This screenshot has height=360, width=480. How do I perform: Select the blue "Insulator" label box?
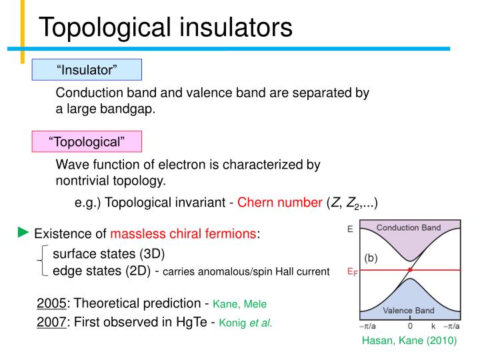[87, 69]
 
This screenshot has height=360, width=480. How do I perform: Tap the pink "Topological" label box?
[87, 141]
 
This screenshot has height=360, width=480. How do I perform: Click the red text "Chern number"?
[280, 203]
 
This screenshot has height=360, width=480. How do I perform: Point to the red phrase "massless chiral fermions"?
[183, 234]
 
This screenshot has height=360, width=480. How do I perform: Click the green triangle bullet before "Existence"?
[23, 233]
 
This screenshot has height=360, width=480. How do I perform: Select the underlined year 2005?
[51, 304]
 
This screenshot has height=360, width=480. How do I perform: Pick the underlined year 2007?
[51, 322]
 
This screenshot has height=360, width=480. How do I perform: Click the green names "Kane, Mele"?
[240, 305]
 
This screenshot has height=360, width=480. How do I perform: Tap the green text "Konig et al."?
[242, 323]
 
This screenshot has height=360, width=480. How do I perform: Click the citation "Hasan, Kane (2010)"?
[409, 341]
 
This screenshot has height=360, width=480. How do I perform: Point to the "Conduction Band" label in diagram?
[409, 228]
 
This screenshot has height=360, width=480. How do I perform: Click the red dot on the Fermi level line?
[410, 270]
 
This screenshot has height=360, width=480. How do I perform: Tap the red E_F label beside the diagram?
[351, 271]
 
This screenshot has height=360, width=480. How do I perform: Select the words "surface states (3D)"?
[109, 254]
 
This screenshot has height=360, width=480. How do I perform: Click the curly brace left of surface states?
[43, 261]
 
